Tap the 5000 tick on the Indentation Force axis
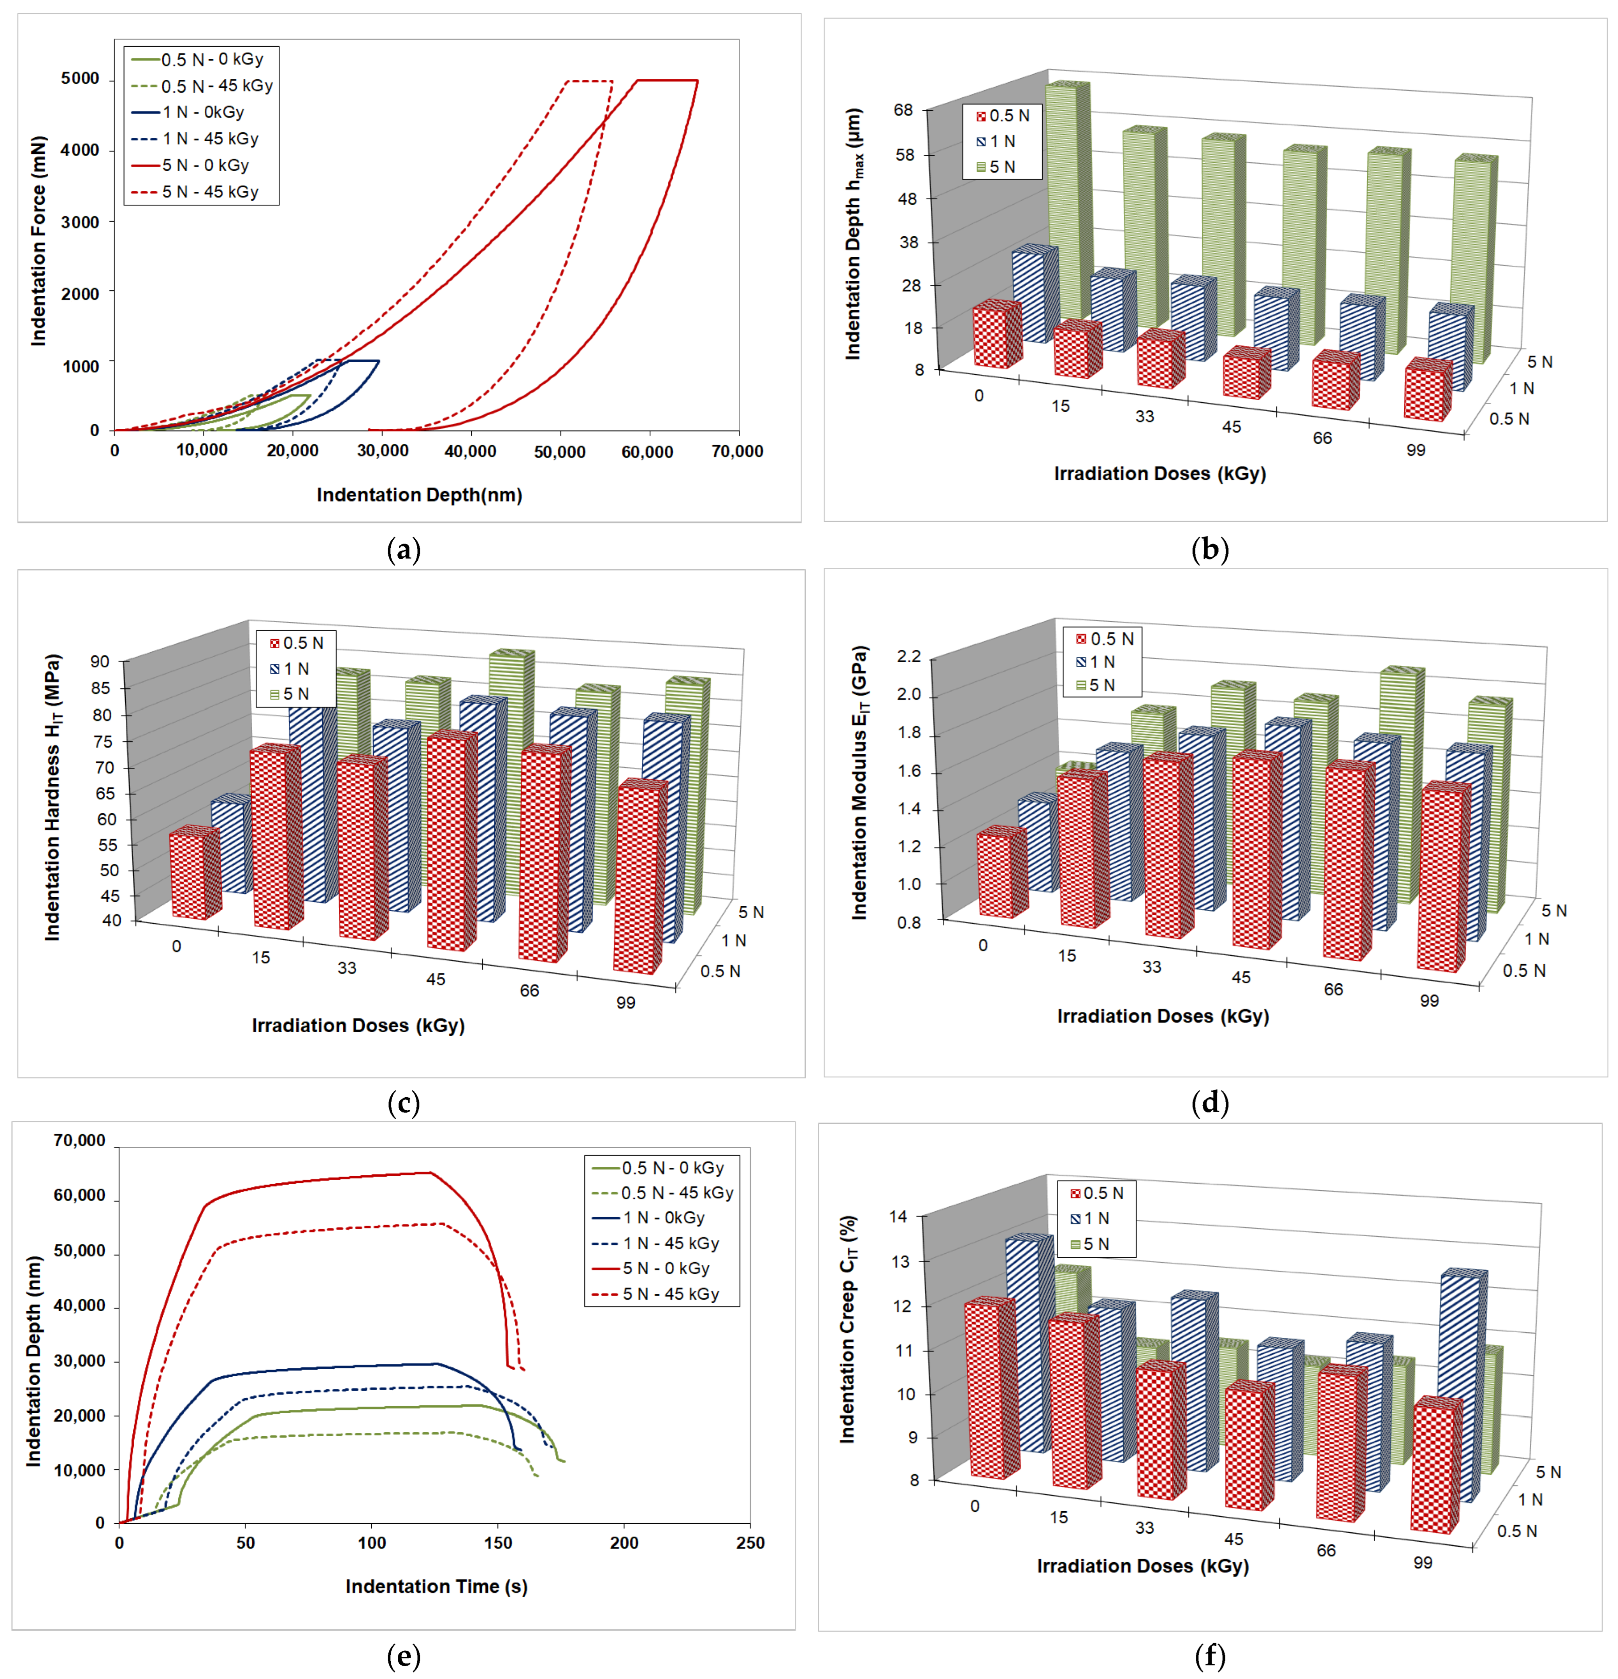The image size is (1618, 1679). point(80,79)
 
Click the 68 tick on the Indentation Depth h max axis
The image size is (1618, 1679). point(903,110)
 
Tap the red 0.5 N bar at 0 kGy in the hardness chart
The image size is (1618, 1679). point(194,874)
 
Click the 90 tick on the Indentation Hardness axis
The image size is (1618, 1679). point(100,661)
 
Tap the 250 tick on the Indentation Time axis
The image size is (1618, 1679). point(750,1543)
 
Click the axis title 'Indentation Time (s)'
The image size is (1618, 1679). point(436,1586)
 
